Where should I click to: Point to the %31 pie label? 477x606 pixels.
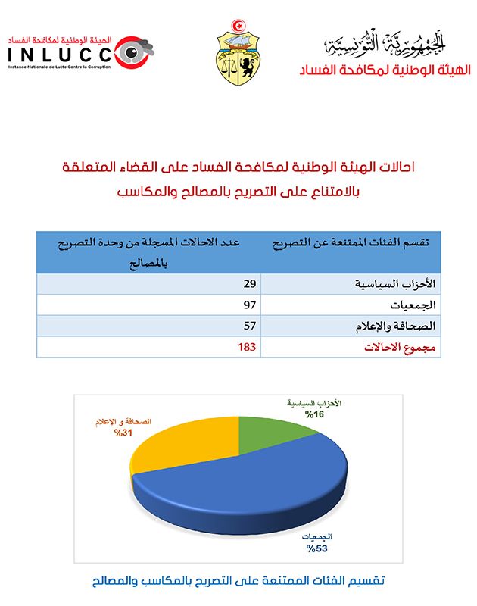(123, 433)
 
